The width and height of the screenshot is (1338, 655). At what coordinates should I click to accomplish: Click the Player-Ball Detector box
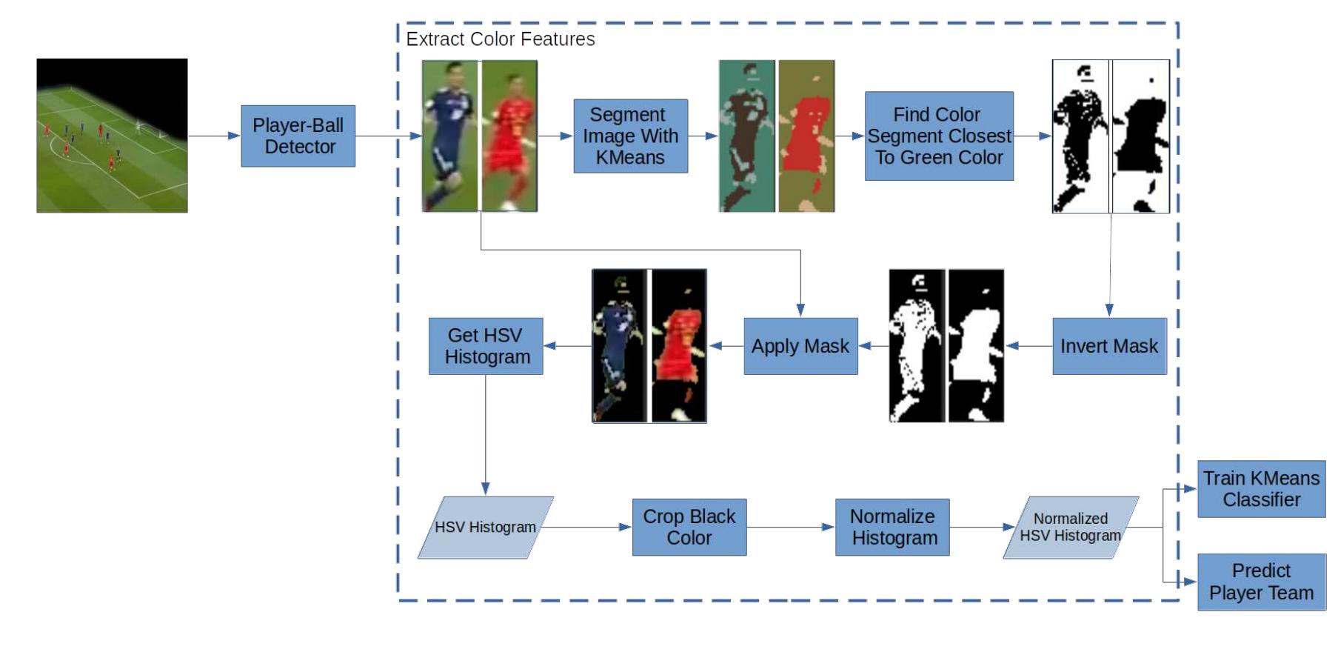tap(298, 136)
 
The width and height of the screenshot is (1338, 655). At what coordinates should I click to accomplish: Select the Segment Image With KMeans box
tap(630, 136)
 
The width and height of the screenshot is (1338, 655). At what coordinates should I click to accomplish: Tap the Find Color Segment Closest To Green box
tap(938, 136)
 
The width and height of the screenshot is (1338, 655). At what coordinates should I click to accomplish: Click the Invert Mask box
tap(1108, 346)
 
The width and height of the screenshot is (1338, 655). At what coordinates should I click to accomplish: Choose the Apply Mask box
tap(800, 346)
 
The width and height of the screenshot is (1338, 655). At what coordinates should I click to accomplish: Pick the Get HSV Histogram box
tap(486, 346)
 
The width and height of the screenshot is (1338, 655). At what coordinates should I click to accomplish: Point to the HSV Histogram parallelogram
tap(485, 528)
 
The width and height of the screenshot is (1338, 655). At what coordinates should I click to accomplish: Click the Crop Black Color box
tap(689, 528)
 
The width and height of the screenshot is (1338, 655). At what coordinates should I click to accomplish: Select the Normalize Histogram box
tap(892, 528)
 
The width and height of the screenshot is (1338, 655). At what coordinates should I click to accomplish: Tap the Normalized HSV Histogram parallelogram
tap(1071, 528)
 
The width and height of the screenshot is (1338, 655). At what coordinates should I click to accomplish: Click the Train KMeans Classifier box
tap(1261, 489)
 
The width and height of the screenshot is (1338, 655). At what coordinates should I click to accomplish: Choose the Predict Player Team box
tap(1261, 582)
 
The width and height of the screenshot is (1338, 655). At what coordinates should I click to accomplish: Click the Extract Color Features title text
tap(501, 39)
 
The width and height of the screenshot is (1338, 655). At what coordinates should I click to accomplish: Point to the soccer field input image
tap(112, 136)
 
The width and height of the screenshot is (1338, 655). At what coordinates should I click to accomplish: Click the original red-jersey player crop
tap(509, 136)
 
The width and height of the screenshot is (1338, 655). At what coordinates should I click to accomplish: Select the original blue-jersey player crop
tap(450, 136)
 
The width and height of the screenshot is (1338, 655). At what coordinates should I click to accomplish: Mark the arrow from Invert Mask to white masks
tap(1028, 346)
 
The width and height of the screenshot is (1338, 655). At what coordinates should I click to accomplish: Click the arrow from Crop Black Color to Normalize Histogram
tap(791, 528)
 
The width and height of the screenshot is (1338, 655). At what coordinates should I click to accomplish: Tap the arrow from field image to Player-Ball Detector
tap(214, 136)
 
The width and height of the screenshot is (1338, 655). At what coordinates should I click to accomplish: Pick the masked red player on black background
tap(679, 346)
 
